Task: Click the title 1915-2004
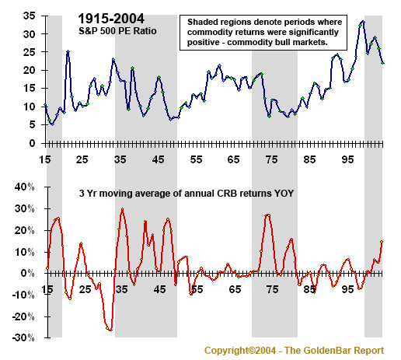coord(111,19)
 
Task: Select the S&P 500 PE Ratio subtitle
coord(117,31)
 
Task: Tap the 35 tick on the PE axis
coord(29,16)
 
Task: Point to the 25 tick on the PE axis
coord(29,52)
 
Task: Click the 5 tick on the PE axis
coord(32,124)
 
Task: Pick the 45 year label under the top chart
coord(158,159)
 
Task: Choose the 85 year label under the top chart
coord(309,159)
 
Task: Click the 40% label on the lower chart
coord(25,187)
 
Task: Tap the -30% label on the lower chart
coord(23,338)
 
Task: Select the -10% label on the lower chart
coord(23,295)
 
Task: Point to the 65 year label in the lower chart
coord(235,289)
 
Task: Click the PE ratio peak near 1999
coord(364,22)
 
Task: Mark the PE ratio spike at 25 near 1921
coord(68,51)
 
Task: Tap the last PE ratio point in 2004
coord(383,63)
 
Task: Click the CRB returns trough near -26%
coord(110,330)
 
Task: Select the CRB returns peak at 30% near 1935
coord(122,209)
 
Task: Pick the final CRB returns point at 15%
coord(382,242)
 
